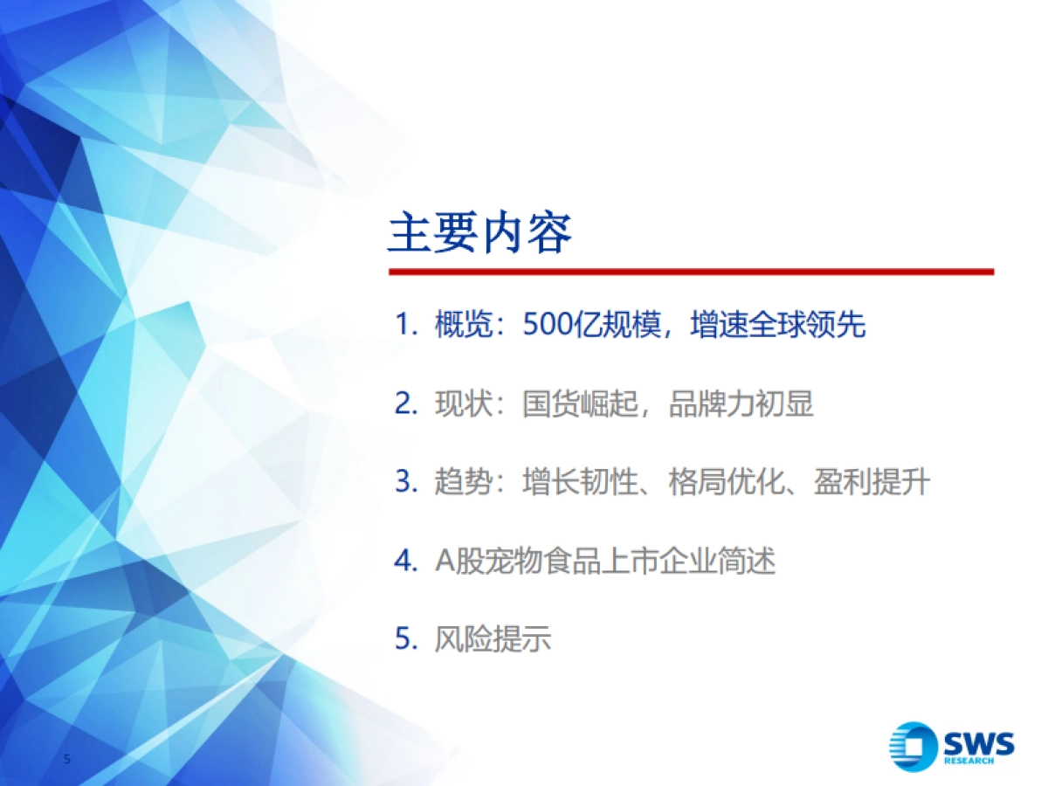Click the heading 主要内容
(x=479, y=233)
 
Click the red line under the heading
(x=691, y=272)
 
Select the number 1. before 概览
(x=407, y=326)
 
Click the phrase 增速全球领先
(x=777, y=326)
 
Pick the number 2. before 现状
(x=407, y=404)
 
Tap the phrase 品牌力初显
(x=741, y=404)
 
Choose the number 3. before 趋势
(x=407, y=482)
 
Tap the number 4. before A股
(x=407, y=561)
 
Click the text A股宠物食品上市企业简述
(x=604, y=561)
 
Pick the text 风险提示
(x=493, y=638)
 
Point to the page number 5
(x=67, y=759)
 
